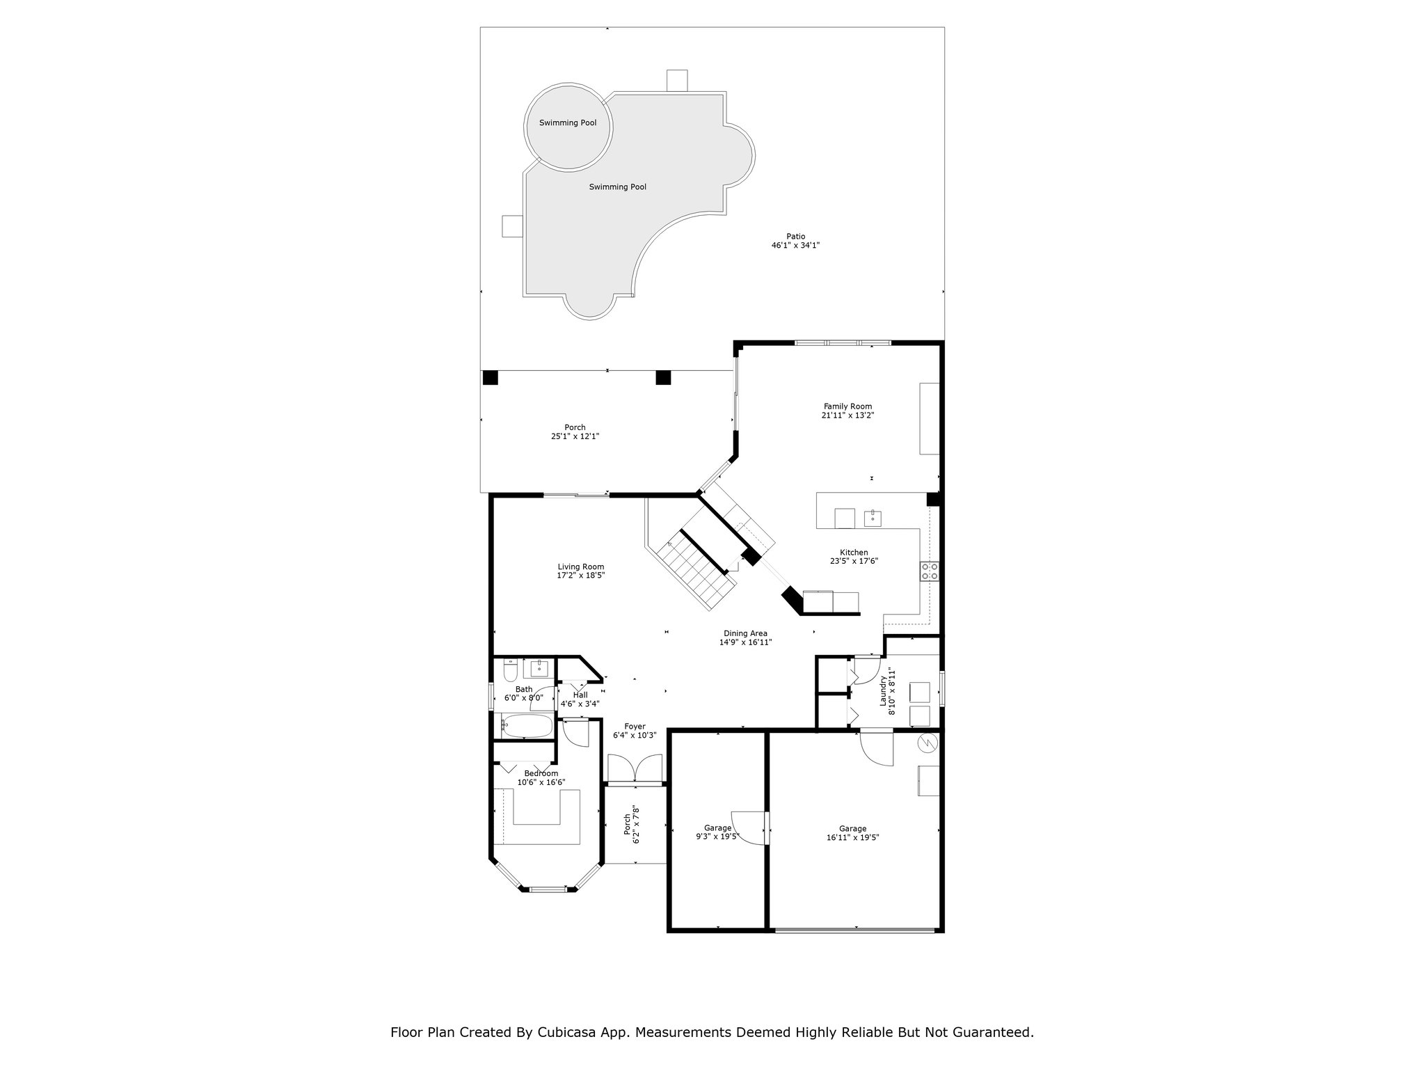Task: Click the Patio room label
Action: pyautogui.click(x=795, y=236)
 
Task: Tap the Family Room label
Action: pyautogui.click(x=847, y=406)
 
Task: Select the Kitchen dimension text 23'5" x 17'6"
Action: pyautogui.click(x=854, y=561)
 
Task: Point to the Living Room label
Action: pyautogui.click(x=580, y=567)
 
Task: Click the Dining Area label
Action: pyautogui.click(x=745, y=633)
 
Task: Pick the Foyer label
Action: pyautogui.click(x=635, y=727)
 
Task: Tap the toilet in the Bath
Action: pyautogui.click(x=509, y=670)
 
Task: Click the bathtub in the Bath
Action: pyautogui.click(x=527, y=726)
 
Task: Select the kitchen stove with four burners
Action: pyautogui.click(x=930, y=571)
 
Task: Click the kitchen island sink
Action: pyautogui.click(x=873, y=518)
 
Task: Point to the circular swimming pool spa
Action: pyautogui.click(x=568, y=127)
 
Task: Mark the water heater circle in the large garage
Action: pyautogui.click(x=928, y=744)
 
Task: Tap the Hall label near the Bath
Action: pyautogui.click(x=580, y=695)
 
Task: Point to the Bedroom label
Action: pyautogui.click(x=541, y=773)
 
